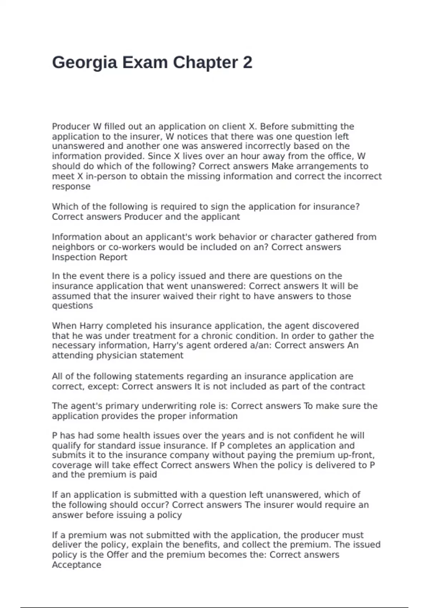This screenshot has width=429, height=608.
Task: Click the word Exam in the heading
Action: (145, 63)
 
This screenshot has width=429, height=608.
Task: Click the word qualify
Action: (66, 446)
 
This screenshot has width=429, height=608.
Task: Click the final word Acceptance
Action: (77, 565)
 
